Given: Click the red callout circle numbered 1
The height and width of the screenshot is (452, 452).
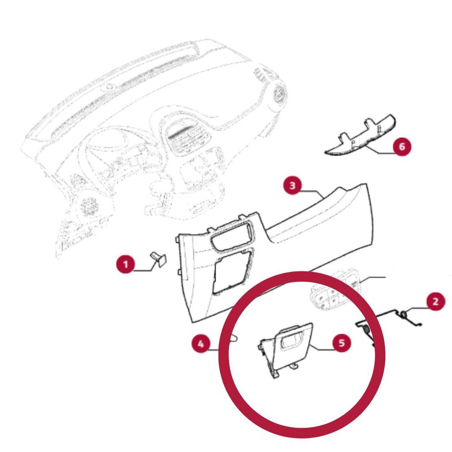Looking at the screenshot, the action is pyautogui.click(x=125, y=264).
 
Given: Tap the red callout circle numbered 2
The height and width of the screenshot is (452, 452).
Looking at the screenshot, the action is pyautogui.click(x=436, y=301).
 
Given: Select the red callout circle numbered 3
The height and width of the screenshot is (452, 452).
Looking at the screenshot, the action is pyautogui.click(x=293, y=185).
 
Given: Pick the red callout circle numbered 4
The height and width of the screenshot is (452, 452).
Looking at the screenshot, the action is pyautogui.click(x=201, y=343).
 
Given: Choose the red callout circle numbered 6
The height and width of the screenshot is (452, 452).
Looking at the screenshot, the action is pyautogui.click(x=402, y=147).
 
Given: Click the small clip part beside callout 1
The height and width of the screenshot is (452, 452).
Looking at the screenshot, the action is pyautogui.click(x=158, y=259).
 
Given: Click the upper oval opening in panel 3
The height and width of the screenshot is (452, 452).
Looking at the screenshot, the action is pyautogui.click(x=232, y=234).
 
